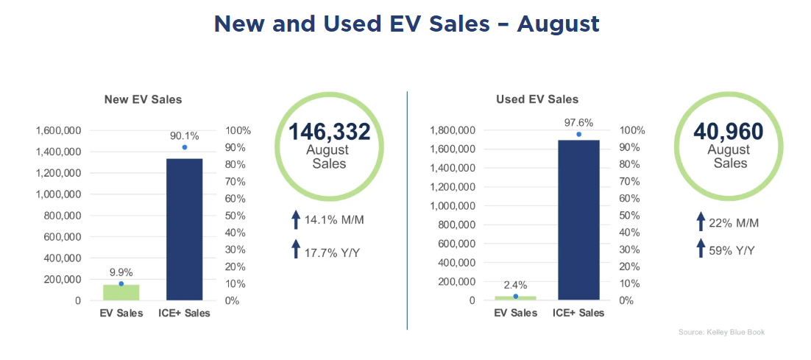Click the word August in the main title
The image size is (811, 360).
coord(558,24)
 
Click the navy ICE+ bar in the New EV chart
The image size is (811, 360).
coord(185,229)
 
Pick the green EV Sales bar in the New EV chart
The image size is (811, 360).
coord(121,292)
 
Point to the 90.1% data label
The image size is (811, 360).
coord(184,135)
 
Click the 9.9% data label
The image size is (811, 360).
coord(121,272)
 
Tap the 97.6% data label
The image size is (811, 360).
coord(579,123)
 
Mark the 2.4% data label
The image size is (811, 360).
coord(515,285)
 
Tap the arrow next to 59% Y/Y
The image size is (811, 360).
coord(701,250)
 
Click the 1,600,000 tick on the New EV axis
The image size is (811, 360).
coord(57,131)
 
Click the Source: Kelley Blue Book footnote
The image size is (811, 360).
coord(721,333)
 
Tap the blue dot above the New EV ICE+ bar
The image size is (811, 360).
coord(184,147)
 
